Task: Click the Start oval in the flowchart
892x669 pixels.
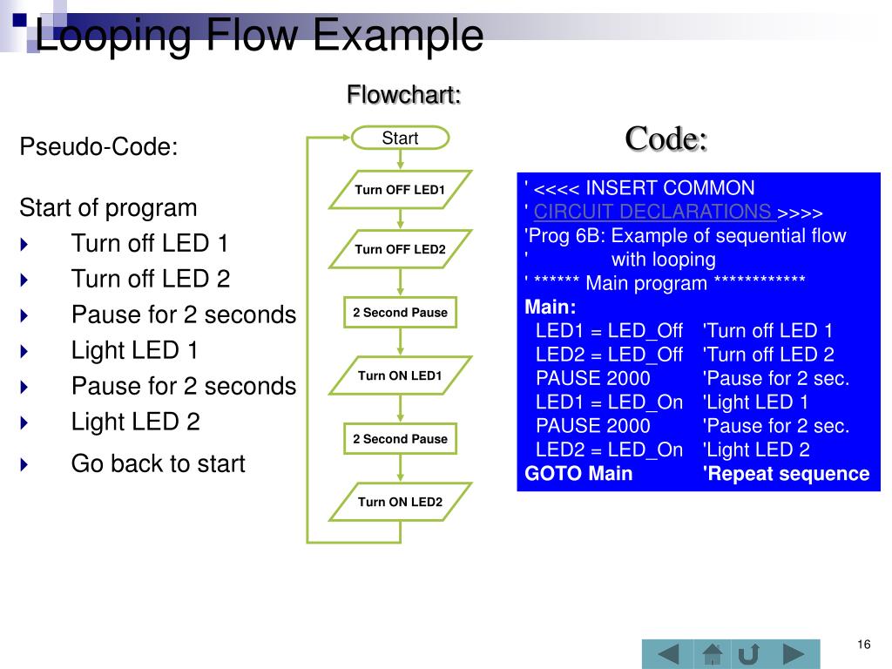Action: point(400,138)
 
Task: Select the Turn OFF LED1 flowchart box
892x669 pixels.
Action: point(400,190)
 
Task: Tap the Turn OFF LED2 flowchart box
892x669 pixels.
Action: point(400,249)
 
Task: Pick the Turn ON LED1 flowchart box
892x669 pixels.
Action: point(400,376)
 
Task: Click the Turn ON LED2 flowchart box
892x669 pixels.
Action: point(400,502)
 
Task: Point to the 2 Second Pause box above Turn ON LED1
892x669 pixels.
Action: point(400,313)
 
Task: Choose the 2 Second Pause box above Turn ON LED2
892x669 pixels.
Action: point(400,439)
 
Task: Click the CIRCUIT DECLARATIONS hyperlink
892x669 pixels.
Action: point(653,212)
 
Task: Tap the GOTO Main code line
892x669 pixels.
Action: point(578,474)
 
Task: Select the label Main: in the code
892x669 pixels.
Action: point(550,307)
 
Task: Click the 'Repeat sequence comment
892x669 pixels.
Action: point(786,474)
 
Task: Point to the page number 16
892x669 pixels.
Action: point(863,645)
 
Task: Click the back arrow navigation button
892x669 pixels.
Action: point(667,654)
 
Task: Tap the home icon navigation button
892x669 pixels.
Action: point(713,654)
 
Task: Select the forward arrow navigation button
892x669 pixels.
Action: point(794,654)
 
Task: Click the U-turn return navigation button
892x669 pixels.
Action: point(749,654)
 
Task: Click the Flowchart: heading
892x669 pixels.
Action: point(403,94)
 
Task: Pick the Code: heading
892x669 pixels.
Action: point(666,138)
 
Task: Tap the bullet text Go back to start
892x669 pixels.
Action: point(158,463)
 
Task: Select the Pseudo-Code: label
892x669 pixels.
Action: point(98,147)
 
